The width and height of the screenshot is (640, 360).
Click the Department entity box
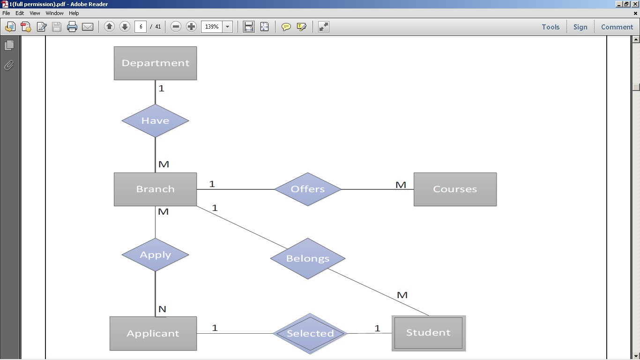click(155, 63)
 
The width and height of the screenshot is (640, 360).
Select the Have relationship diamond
click(155, 121)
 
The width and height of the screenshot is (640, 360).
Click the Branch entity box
click(155, 189)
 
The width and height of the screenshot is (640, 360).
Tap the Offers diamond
click(308, 189)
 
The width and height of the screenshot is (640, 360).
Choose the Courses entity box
click(455, 189)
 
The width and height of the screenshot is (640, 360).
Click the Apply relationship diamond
click(155, 255)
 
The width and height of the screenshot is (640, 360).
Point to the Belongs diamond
click(308, 258)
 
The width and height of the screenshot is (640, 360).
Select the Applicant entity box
click(153, 334)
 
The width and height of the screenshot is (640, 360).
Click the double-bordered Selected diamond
click(310, 334)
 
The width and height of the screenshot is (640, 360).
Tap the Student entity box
click(428, 333)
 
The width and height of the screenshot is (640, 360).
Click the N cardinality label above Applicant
click(162, 309)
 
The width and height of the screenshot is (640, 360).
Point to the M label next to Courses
click(401, 185)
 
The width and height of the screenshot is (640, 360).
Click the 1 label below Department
click(162, 89)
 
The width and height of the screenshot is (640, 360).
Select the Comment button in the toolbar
click(617, 27)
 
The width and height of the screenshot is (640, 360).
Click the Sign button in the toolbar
click(580, 27)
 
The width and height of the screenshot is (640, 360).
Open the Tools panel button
click(551, 27)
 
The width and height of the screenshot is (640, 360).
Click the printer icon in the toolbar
click(72, 27)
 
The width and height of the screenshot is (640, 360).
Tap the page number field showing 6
click(141, 27)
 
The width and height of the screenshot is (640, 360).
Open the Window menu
click(54, 13)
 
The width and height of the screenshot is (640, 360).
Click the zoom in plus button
click(191, 27)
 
